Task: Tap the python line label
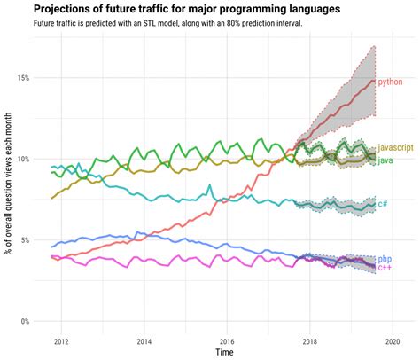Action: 390,82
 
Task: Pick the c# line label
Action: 383,204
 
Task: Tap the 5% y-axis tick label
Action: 24,240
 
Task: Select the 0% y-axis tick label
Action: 24,322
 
